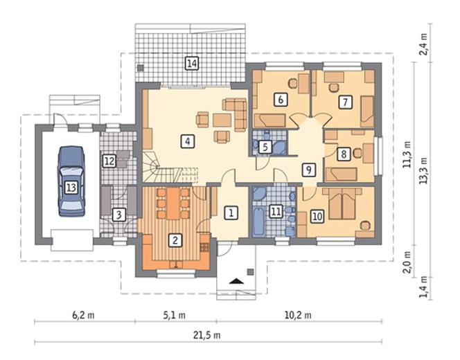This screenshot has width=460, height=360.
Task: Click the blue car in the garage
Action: pyautogui.click(x=71, y=181)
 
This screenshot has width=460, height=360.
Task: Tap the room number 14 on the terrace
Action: pyautogui.click(x=192, y=63)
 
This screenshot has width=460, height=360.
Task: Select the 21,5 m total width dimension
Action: pyautogui.click(x=206, y=335)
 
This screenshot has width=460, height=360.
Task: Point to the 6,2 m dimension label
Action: pyautogui.click(x=83, y=316)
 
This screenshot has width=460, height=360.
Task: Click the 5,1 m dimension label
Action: pyautogui.click(x=174, y=316)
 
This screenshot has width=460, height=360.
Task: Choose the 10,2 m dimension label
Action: pyautogui.click(x=298, y=316)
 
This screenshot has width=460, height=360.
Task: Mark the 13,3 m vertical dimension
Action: pyautogui.click(x=423, y=171)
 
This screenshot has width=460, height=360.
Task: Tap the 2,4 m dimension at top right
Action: pyautogui.click(x=424, y=44)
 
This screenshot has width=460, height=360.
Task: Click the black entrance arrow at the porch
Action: pyautogui.click(x=236, y=282)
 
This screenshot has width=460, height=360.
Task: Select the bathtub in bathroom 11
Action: pyautogui.click(x=258, y=221)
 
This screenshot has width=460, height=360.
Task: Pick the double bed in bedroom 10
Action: pyautogui.click(x=342, y=204)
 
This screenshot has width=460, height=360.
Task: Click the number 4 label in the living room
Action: pyautogui.click(x=188, y=141)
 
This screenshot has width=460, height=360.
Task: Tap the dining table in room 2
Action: pyautogui.click(x=173, y=204)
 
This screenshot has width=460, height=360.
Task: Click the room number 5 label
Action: pyautogui.click(x=265, y=147)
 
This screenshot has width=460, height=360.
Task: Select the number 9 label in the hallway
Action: pyautogui.click(x=308, y=170)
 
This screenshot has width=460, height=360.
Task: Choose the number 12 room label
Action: pyautogui.click(x=109, y=161)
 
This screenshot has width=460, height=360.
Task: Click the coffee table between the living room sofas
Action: pyautogui.click(x=222, y=120)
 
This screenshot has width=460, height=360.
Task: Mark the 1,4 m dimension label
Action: pyautogui.click(x=424, y=287)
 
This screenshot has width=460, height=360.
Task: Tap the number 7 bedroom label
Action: pyautogui.click(x=345, y=102)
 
